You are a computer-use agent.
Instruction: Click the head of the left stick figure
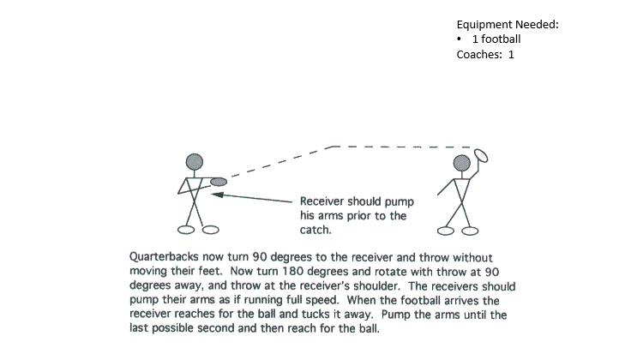tap(195, 161)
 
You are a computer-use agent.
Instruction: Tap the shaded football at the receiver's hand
tap(219, 182)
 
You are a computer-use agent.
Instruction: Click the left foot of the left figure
tap(185, 229)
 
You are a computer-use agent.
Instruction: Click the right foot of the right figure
tap(469, 230)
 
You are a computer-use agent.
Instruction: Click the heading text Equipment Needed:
tap(507, 24)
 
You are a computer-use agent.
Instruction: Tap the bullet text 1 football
tap(496, 39)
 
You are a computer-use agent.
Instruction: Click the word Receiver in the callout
tap(324, 201)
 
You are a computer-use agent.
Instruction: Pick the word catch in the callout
tap(315, 231)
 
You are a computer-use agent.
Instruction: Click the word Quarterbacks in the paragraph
tap(168, 256)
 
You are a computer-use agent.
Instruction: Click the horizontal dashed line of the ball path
tap(403, 147)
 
